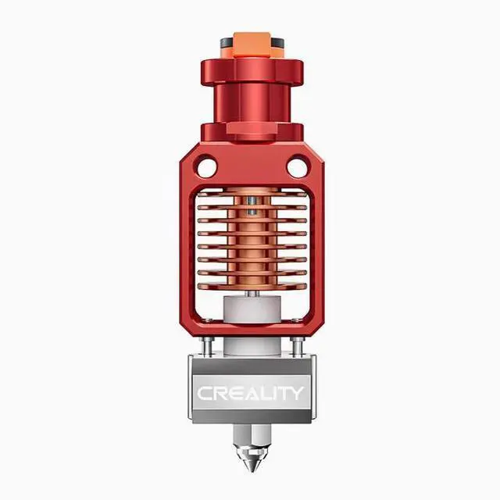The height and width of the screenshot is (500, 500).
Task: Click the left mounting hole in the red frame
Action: [206, 167]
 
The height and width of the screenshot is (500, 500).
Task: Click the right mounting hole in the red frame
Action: [297, 167]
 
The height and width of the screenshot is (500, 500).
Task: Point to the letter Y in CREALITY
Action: [296, 393]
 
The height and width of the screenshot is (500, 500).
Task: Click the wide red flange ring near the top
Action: [252, 72]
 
